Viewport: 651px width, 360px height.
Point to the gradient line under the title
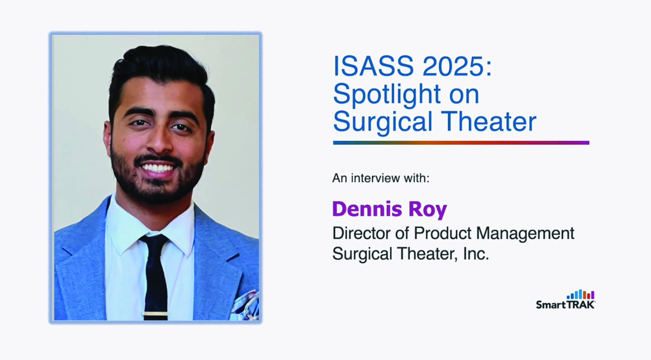coord(461,143)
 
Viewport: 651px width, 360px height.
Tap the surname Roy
coord(428,210)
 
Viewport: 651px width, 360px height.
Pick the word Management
coord(525,234)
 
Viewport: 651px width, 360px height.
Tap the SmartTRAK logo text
coord(566,305)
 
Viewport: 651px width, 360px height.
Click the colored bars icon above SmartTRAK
coord(581,294)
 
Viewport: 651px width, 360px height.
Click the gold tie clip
coord(155,314)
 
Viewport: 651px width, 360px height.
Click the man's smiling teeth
coord(157,168)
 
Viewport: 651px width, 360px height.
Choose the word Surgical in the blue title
coord(383,122)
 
